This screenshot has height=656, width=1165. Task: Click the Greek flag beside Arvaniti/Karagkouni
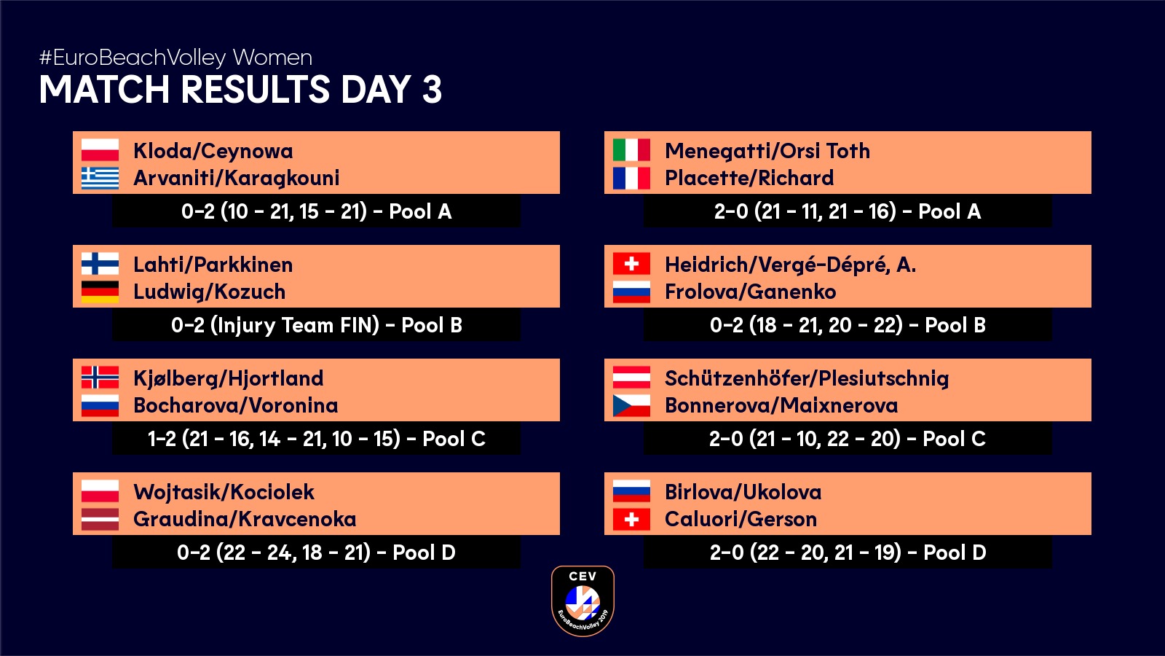100,178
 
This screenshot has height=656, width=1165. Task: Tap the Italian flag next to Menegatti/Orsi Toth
631,150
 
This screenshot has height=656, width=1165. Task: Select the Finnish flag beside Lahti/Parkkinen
100,263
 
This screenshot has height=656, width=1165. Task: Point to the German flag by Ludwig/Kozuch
100,292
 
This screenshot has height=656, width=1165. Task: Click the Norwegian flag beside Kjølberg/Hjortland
100,378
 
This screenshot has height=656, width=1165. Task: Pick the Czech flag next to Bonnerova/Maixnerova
631,405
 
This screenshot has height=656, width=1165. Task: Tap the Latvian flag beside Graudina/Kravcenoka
100,519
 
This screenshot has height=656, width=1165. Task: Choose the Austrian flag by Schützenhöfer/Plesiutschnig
631,378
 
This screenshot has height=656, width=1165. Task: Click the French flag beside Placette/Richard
631,178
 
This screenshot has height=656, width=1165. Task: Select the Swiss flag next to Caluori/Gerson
631,519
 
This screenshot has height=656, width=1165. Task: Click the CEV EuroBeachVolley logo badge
582,601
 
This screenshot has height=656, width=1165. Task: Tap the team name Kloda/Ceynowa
213,151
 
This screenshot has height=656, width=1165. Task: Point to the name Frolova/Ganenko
751,292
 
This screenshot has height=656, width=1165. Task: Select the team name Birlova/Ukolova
743,492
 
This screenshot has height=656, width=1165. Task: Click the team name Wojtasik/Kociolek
224,492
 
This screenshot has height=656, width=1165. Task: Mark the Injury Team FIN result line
317,325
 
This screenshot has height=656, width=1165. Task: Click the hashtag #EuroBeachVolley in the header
133,58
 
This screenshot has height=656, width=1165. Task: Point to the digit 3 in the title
433,89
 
